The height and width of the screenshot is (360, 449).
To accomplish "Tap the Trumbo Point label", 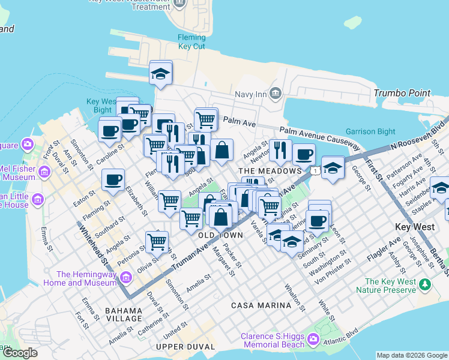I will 402,93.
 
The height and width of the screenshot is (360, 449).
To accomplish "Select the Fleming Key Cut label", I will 191,42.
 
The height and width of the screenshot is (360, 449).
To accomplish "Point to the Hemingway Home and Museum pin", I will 126,277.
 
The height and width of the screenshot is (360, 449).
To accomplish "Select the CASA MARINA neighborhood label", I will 261,305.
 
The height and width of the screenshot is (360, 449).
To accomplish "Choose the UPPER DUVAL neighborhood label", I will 185,347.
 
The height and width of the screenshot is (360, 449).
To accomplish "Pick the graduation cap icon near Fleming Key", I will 160,73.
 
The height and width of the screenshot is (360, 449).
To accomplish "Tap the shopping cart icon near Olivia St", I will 157,242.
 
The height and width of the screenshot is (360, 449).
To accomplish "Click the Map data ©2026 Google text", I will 411,355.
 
